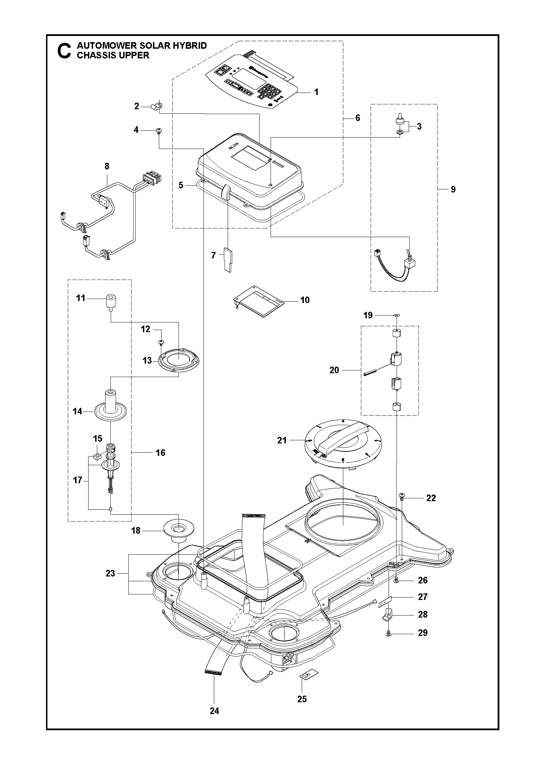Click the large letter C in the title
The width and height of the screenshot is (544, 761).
(x=64, y=50)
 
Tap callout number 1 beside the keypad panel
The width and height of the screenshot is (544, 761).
(x=316, y=92)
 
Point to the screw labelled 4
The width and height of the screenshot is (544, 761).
(x=159, y=131)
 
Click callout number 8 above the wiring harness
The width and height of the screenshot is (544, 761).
(x=107, y=166)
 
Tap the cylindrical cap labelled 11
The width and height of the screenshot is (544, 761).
(x=110, y=301)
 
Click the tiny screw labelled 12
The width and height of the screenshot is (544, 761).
(x=161, y=342)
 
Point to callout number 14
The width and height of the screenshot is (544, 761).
(x=78, y=411)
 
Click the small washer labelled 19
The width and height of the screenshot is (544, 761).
(x=396, y=315)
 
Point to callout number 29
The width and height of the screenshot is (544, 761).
(x=423, y=633)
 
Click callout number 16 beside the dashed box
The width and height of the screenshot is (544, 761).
(x=160, y=452)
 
